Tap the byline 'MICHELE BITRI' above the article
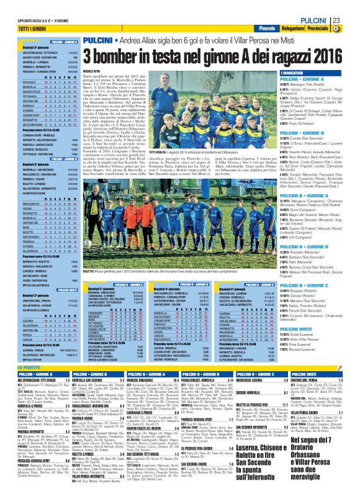90,71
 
